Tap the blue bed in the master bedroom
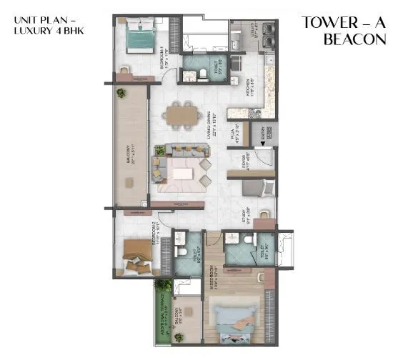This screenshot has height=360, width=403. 232,317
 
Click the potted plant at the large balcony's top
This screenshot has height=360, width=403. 121,93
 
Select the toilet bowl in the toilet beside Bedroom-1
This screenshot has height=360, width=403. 203,73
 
